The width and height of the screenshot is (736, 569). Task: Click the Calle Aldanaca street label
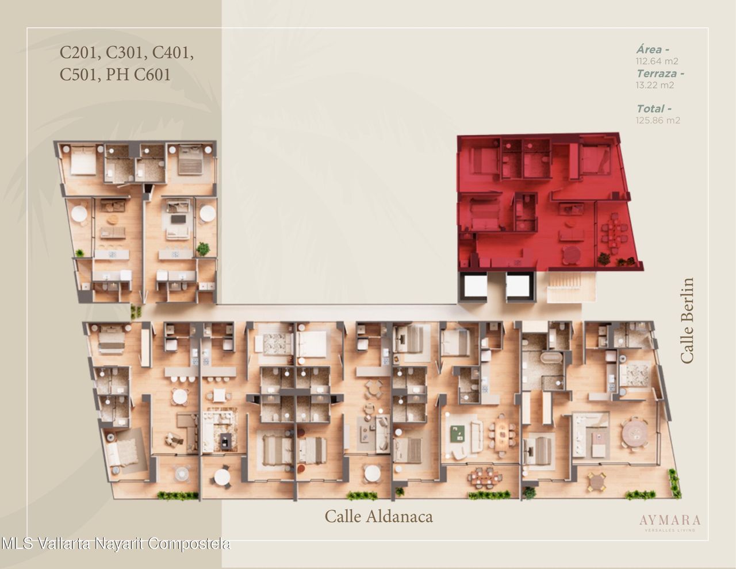[x=379, y=517]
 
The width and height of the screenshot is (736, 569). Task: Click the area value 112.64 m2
[x=657, y=61]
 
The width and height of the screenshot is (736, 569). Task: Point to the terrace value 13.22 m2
[x=655, y=85]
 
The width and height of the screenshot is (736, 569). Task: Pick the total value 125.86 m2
[x=658, y=120]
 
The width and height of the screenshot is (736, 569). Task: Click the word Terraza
[x=657, y=74]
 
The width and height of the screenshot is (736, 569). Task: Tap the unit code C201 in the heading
[x=80, y=53]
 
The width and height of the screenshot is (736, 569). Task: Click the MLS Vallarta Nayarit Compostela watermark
[x=116, y=544]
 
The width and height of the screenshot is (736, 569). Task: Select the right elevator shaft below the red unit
[x=518, y=287]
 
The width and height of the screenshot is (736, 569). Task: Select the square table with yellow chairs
[x=597, y=480]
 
